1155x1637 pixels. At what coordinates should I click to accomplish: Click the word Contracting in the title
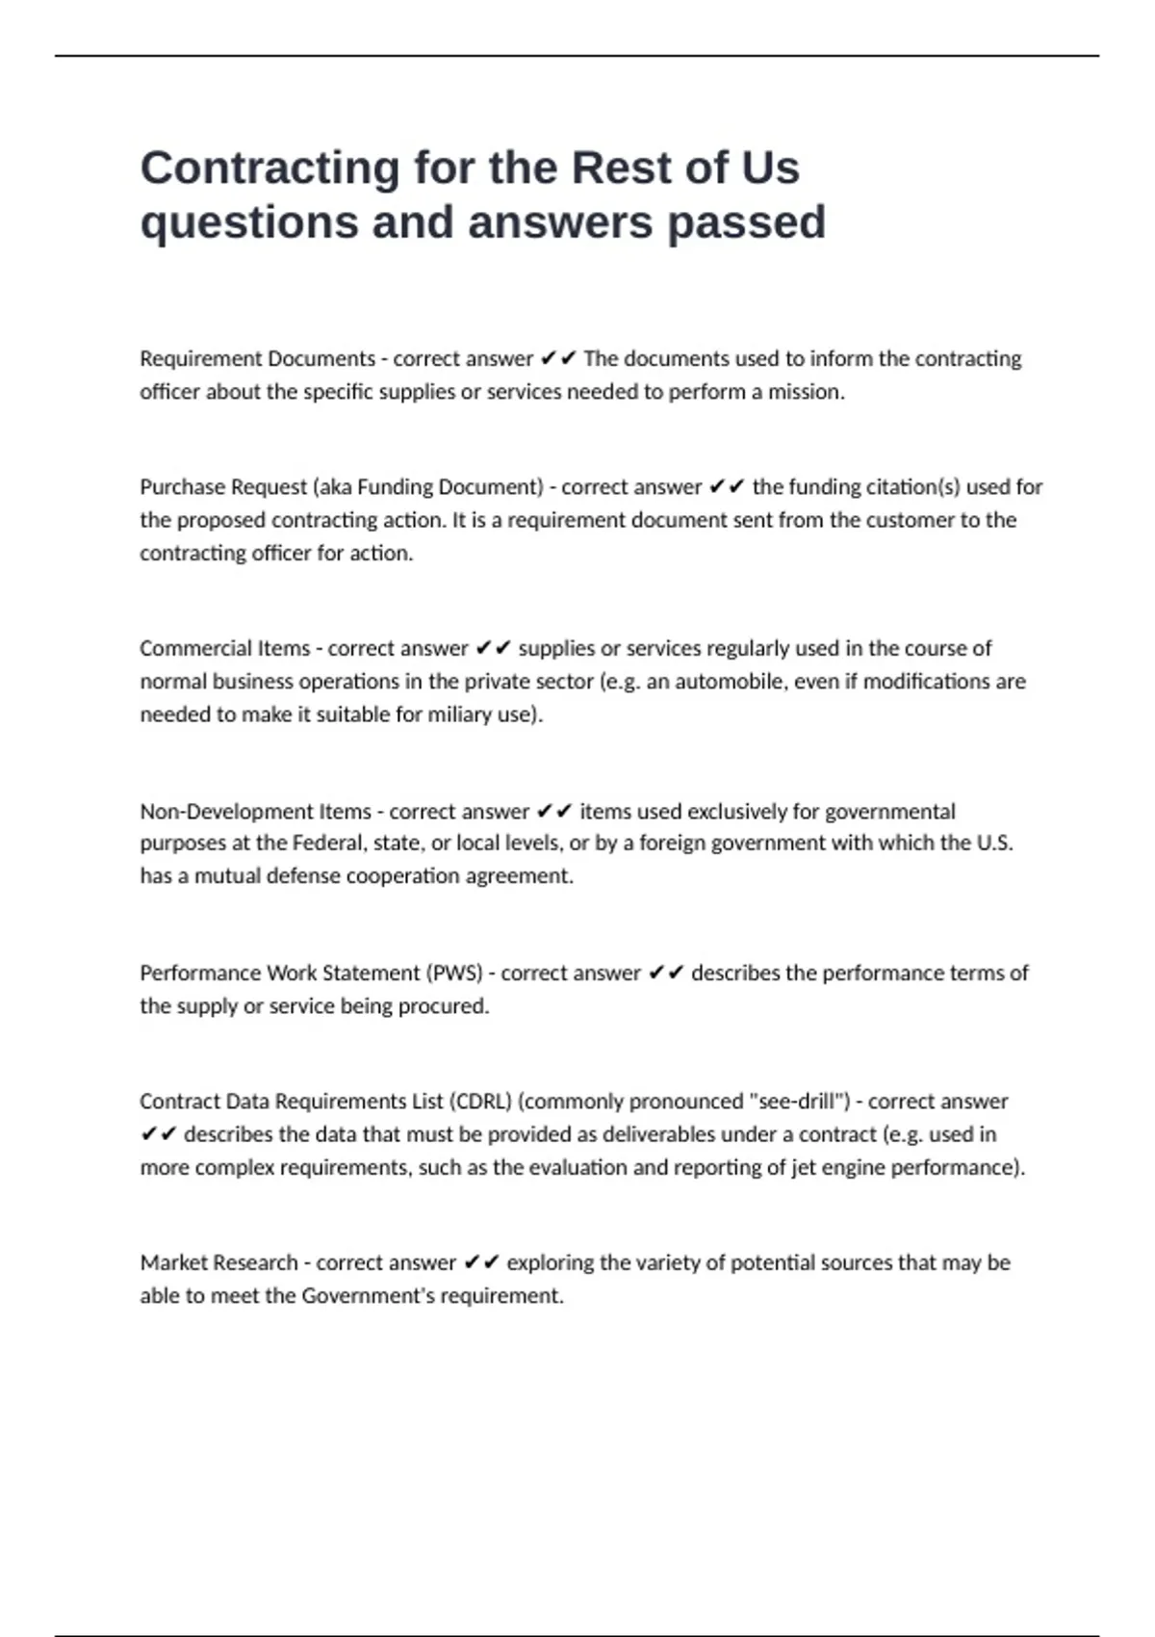pos(269,169)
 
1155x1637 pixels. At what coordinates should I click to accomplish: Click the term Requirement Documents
pos(257,359)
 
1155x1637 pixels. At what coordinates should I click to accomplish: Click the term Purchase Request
pos(223,487)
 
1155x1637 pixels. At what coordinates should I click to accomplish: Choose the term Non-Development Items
pos(255,812)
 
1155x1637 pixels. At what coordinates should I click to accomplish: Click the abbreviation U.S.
pos(994,844)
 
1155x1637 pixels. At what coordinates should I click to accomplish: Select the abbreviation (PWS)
pos(454,974)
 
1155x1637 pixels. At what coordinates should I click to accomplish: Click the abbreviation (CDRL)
pos(480,1102)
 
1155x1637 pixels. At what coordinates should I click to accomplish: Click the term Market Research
pos(218,1263)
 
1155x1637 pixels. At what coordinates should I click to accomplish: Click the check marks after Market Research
pos(481,1263)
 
